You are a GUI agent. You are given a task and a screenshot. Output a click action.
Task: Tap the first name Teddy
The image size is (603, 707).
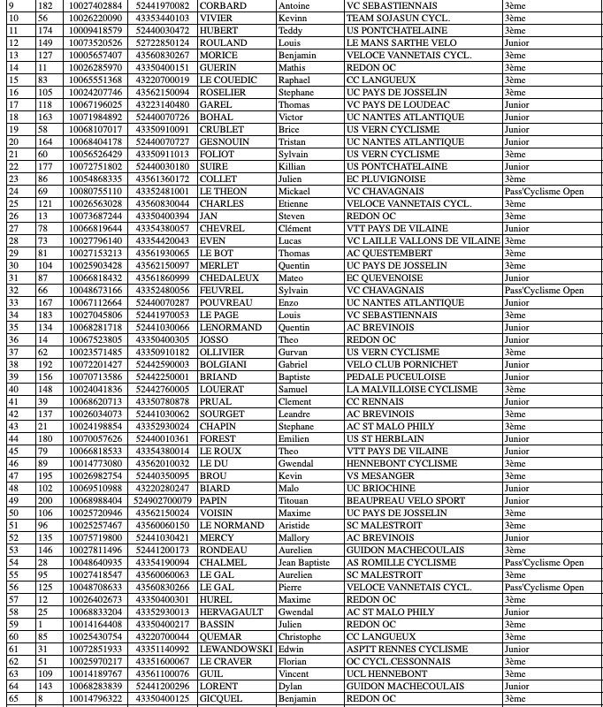[290, 31]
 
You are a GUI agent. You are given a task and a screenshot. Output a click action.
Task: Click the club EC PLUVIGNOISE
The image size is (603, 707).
[385, 179]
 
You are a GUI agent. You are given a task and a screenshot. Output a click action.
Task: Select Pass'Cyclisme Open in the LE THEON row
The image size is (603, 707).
[544, 192]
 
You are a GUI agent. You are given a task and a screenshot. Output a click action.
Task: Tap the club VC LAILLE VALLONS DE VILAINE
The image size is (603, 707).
[423, 241]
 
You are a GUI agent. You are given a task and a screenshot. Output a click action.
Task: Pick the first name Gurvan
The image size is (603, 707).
[294, 353]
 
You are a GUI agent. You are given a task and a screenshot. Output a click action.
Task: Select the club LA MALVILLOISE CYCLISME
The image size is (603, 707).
[411, 390]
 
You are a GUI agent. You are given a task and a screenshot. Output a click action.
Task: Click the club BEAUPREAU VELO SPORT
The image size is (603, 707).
[406, 501]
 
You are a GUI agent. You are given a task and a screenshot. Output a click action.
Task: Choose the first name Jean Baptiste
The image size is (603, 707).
[303, 563]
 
